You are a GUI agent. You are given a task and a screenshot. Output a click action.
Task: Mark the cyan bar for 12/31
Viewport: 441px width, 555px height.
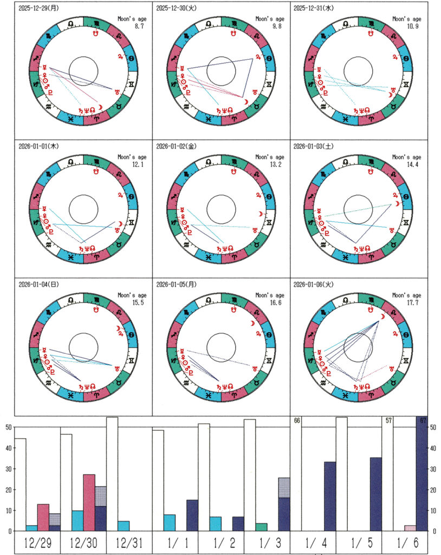(123, 526)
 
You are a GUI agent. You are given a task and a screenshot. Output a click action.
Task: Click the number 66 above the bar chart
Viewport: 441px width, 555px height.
(297, 421)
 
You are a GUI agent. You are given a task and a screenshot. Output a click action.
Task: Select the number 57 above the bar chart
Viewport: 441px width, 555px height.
(388, 421)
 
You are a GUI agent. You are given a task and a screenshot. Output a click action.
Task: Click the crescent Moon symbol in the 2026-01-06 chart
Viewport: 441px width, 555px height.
(382, 317)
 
